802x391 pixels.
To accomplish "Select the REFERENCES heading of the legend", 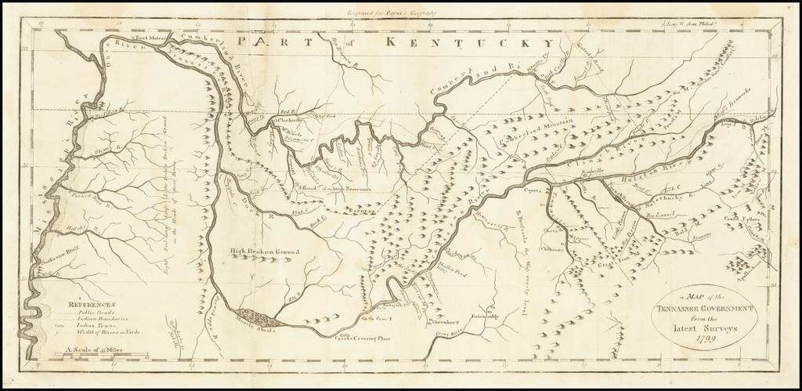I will point(91,304).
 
